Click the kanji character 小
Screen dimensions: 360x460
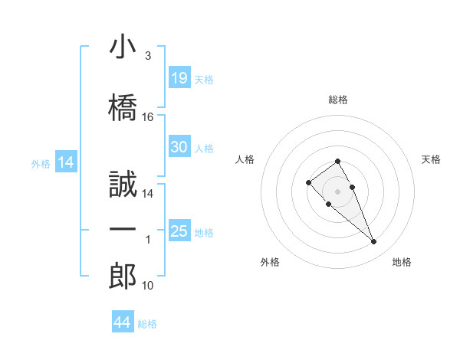(x=123, y=47)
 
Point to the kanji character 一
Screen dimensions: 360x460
(x=123, y=230)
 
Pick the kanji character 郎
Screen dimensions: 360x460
(x=123, y=276)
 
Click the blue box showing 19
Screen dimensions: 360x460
(x=179, y=77)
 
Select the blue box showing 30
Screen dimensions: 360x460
(x=179, y=147)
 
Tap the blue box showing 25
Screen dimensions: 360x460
(x=179, y=231)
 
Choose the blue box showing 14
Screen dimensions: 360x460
(x=65, y=162)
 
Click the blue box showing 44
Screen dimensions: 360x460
(x=122, y=322)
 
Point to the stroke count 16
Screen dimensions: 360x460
(x=148, y=117)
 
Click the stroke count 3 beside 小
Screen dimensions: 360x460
(x=148, y=56)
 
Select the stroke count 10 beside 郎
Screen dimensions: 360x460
(x=148, y=286)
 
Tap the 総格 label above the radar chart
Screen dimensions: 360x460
(x=337, y=100)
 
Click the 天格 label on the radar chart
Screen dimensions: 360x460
(x=432, y=159)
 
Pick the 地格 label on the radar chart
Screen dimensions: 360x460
(x=402, y=262)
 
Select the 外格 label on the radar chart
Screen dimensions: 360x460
(x=270, y=262)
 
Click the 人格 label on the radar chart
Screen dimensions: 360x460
(x=245, y=159)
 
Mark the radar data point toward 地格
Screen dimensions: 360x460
(x=373, y=242)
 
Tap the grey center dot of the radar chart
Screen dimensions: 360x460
(x=337, y=191)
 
